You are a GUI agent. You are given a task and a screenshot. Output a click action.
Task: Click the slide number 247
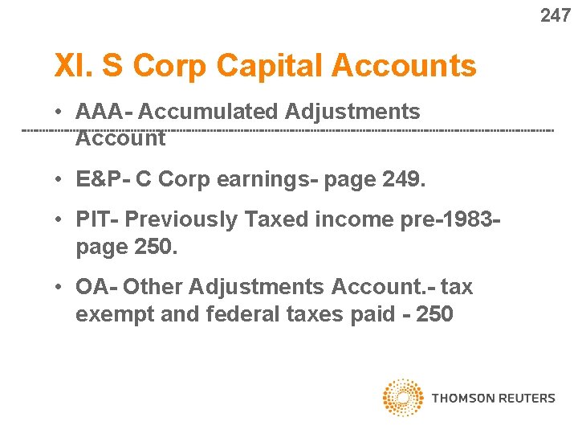556,15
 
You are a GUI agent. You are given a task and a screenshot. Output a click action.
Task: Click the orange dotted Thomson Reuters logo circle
403,398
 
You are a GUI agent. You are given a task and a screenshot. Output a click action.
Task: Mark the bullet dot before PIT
60,219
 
